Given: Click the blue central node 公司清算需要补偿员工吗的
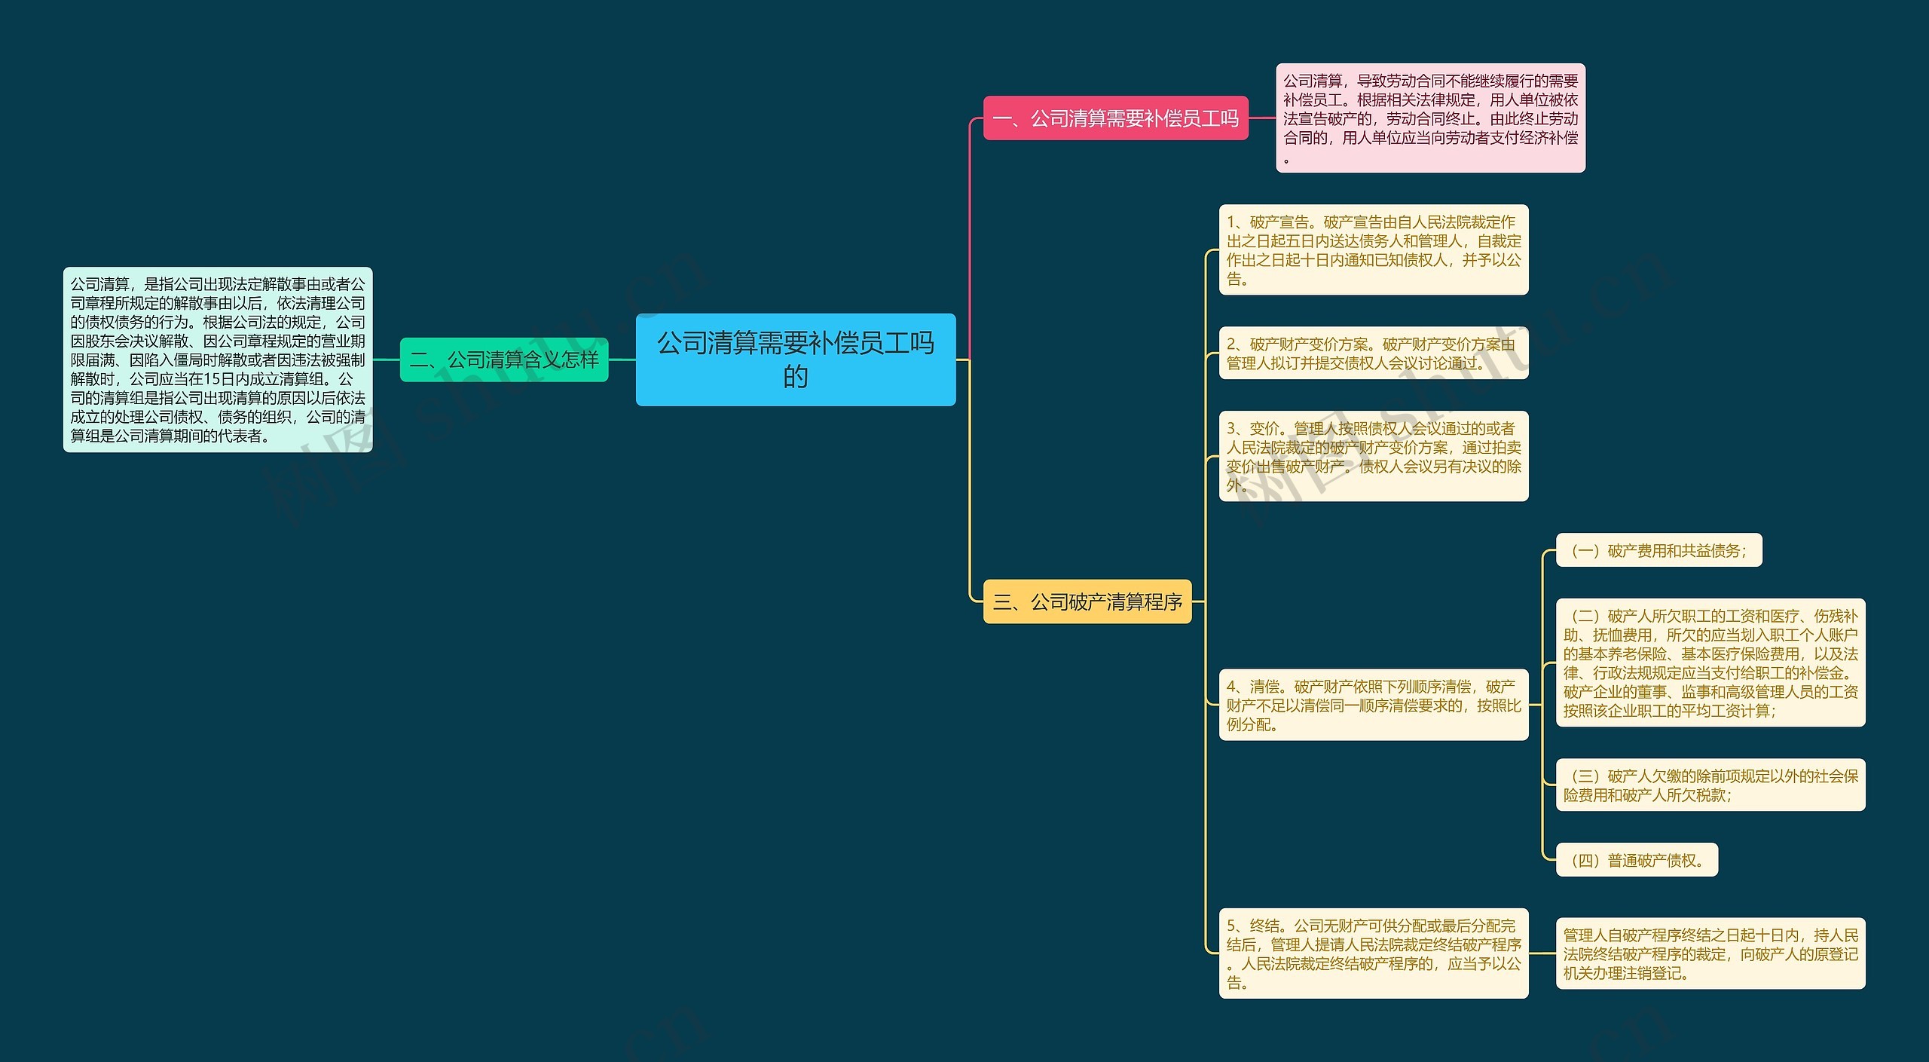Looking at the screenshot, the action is point(796,360).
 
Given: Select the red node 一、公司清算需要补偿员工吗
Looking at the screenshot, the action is point(1116,118).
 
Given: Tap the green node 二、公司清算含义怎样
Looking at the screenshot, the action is point(504,360).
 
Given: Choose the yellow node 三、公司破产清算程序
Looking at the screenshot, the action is point(1087,601).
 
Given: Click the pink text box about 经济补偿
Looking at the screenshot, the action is point(1430,118).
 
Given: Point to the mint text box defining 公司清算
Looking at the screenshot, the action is point(218,360).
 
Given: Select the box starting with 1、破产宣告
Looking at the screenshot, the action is point(1374,250).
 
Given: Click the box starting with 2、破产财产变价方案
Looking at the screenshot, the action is point(1374,353).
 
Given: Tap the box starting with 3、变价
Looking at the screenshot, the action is point(1374,456).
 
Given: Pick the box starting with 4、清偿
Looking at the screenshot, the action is point(1374,705).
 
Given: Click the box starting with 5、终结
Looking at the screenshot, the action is point(1374,953).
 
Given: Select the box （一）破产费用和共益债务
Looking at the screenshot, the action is point(1659,550).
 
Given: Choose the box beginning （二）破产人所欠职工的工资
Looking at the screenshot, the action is point(1710,663).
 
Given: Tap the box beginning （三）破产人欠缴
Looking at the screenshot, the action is point(1710,785).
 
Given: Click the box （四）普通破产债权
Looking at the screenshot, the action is point(1637,860).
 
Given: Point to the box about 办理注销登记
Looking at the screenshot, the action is point(1710,953).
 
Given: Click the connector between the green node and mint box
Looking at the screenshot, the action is point(387,360).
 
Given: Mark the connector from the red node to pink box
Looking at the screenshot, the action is point(1262,118).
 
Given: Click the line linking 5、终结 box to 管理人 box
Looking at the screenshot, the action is point(1542,953).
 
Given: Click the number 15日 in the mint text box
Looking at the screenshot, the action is point(219,379).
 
